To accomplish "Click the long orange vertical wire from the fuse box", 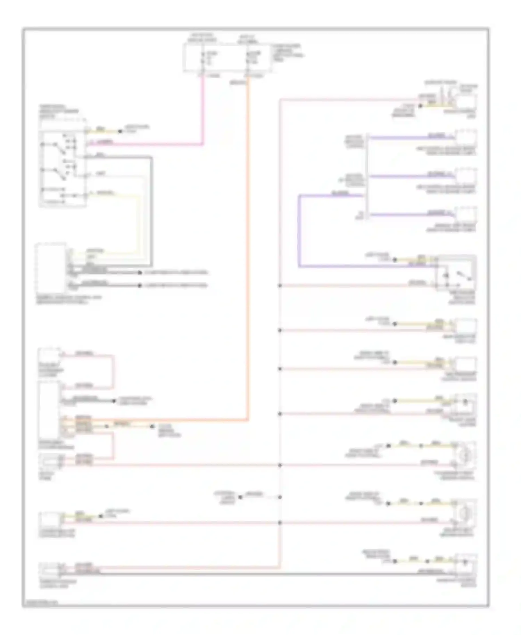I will tap(248, 243).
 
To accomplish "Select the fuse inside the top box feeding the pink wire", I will tap(203, 58).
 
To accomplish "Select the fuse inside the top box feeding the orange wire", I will tap(247, 58).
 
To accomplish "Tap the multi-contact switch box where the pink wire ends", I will tap(63, 168).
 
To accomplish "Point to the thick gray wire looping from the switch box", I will tap(151, 208).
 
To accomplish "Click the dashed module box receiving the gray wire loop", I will tap(51, 267).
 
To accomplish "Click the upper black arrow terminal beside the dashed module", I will tap(140, 273).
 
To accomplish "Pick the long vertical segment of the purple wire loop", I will tap(299, 231).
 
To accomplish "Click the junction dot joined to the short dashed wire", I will tap(280, 497).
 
